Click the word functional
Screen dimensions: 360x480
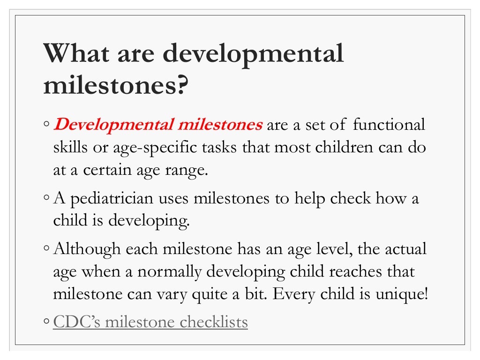click(389, 125)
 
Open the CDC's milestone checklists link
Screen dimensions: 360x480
click(150, 322)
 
